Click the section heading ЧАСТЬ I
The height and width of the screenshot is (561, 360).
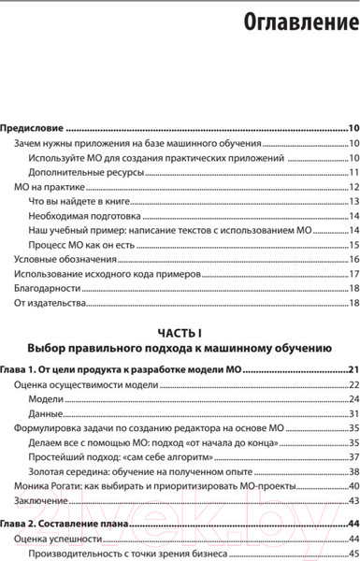180,333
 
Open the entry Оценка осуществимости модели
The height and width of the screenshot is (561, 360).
83,386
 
